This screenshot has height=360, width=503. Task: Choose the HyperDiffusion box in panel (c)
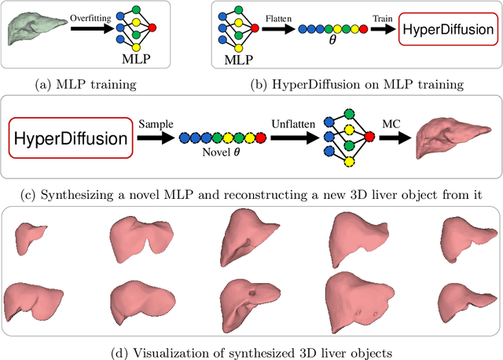click(69, 138)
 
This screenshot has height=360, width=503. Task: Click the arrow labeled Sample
click(155, 138)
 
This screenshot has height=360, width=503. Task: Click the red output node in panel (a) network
click(152, 28)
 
